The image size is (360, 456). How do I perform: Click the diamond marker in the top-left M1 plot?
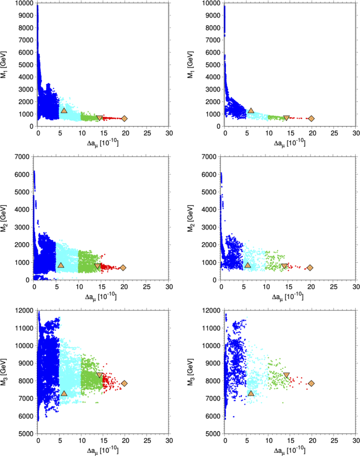[124, 119]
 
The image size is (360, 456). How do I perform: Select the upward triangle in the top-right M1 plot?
[251, 111]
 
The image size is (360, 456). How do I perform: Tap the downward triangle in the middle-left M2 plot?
[98, 266]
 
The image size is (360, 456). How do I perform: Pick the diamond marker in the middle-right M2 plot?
[310, 268]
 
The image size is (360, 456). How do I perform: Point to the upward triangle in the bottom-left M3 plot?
[64, 393]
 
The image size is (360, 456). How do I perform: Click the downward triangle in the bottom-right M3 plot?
[286, 375]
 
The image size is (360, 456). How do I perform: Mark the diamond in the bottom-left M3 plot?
[124, 384]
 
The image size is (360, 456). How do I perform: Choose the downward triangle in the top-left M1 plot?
[99, 118]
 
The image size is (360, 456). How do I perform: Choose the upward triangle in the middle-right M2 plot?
[248, 265]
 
